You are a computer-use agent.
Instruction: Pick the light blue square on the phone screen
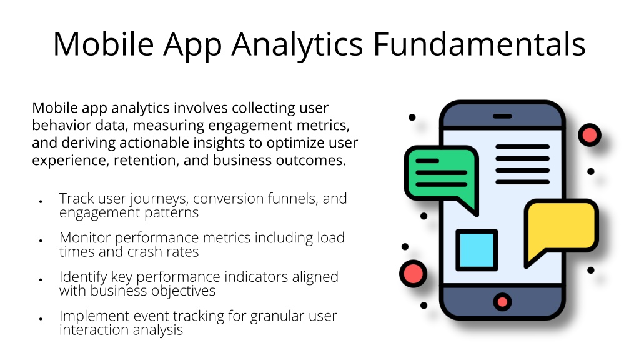(477, 250)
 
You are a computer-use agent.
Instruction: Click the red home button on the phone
(502, 302)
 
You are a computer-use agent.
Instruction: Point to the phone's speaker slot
(502, 116)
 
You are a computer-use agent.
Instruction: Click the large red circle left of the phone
(414, 274)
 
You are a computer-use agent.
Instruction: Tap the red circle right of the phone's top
(589, 135)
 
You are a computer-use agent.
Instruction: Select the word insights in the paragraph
(223, 143)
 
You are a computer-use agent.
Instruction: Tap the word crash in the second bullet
(146, 252)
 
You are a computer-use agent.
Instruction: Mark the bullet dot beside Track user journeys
(41, 201)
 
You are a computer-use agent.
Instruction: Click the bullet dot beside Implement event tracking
(41, 318)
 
